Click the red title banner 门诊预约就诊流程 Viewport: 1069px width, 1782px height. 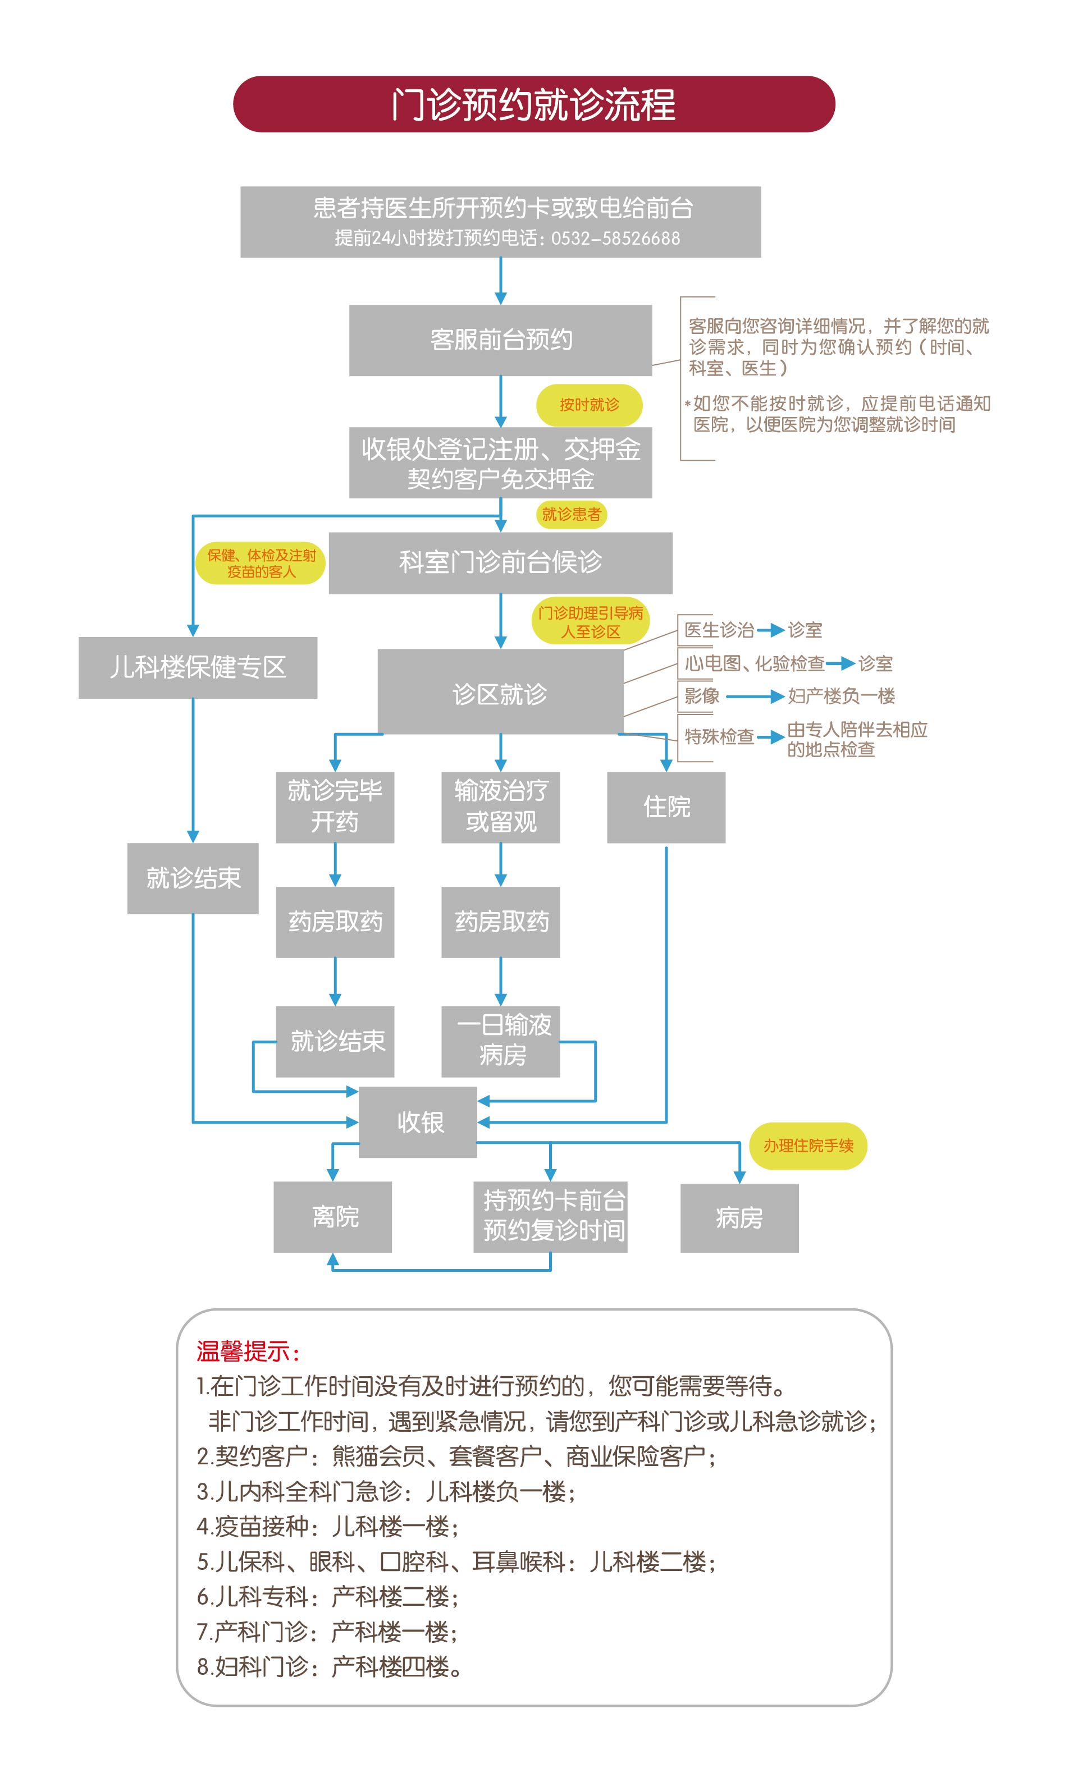[534, 104]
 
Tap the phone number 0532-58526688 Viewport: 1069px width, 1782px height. [615, 239]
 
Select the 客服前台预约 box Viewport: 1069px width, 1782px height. [501, 340]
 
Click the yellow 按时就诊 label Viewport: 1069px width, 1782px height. [590, 405]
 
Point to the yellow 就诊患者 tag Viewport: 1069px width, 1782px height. [571, 514]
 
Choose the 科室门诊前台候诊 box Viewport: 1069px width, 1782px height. [501, 562]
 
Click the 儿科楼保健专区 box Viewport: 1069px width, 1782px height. [198, 667]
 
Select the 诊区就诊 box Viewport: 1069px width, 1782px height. [501, 694]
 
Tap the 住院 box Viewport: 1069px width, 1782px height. [666, 807]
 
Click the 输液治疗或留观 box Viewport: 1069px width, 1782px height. [501, 807]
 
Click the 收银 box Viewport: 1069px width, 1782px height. [418, 1122]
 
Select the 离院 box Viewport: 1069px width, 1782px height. [333, 1217]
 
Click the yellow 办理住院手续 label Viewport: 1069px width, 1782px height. [808, 1146]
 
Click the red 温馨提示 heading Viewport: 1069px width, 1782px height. [248, 1352]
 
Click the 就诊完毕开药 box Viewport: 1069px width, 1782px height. [335, 807]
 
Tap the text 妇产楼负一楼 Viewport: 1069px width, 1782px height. [842, 696]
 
